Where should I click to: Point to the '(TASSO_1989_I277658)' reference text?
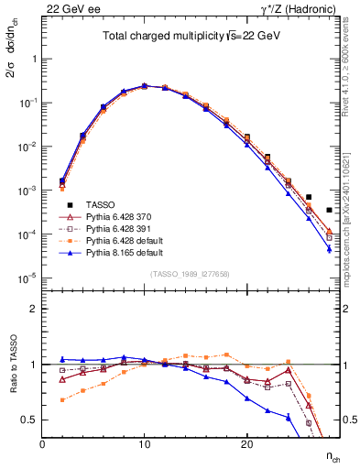point(191,274)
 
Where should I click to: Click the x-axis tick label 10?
point(145,444)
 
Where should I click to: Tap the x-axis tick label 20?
point(246,444)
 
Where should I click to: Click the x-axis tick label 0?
point(43,444)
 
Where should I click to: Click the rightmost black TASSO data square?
point(329,210)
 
